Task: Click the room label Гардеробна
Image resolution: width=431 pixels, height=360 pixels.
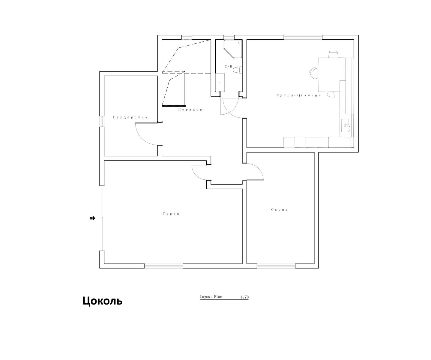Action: [x=130, y=117]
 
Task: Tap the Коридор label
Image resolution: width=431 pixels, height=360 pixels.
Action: [x=190, y=110]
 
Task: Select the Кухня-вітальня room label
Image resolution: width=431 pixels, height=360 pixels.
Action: [x=298, y=95]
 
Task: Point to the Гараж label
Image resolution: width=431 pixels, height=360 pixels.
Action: [x=171, y=214]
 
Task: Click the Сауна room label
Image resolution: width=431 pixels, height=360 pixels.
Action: [x=279, y=210]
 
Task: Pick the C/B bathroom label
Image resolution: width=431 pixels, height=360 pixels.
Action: [x=228, y=67]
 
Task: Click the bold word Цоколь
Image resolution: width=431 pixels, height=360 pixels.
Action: [x=102, y=301]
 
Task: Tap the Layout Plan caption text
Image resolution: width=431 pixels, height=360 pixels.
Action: [x=211, y=297]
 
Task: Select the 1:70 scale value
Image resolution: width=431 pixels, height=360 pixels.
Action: [x=245, y=297]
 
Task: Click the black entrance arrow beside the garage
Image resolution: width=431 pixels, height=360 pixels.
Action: [x=93, y=218]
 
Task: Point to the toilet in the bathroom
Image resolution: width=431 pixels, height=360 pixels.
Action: [x=237, y=70]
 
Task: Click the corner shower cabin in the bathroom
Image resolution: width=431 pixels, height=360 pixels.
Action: [x=233, y=49]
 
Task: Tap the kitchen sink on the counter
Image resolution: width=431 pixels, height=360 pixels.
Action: [x=345, y=125]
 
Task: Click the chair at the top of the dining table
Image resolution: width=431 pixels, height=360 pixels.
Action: [x=333, y=54]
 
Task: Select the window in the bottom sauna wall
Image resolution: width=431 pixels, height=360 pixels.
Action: [x=276, y=266]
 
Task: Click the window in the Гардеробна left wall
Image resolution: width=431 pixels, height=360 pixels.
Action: [x=102, y=121]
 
